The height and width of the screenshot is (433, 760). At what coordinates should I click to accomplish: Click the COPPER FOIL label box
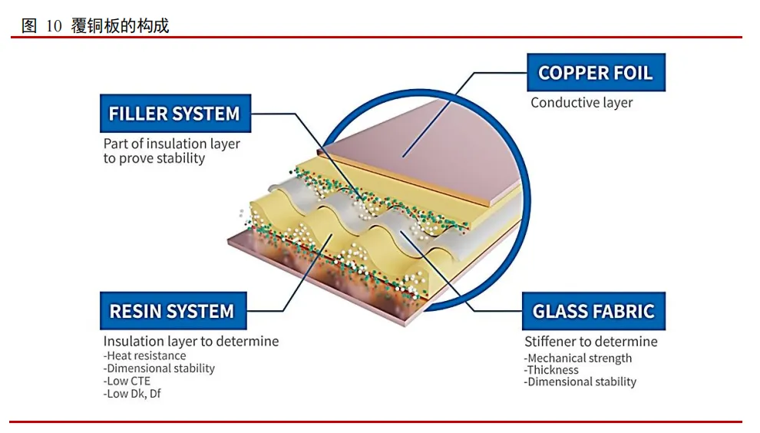coord(595,73)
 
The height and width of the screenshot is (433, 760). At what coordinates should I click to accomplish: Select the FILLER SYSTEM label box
coord(174,114)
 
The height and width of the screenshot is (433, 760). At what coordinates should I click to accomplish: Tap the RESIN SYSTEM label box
coord(172,311)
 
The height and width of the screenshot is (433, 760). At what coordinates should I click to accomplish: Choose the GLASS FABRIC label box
coord(593,311)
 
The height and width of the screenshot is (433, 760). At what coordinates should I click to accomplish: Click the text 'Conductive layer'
coord(581,102)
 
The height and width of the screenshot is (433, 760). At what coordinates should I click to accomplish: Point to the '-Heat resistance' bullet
coord(144,355)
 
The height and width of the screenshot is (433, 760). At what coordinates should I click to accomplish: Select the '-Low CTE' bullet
coord(127,381)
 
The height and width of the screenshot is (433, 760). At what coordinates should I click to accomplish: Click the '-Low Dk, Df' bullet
coord(132,394)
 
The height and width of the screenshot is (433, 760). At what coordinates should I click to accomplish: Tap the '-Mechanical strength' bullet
coord(578,358)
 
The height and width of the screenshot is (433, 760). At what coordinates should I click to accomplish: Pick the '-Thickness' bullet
coord(551,369)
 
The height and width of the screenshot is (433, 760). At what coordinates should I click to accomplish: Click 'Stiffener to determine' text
coord(590,341)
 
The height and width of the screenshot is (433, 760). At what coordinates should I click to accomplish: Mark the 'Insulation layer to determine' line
coord(190,341)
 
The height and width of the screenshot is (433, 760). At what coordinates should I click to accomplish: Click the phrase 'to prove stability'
coord(154,158)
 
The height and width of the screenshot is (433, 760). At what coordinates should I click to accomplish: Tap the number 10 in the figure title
coord(54,26)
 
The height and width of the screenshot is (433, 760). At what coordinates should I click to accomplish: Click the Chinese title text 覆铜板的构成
coord(120,26)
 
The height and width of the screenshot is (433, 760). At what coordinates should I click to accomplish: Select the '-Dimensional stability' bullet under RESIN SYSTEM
coord(159,368)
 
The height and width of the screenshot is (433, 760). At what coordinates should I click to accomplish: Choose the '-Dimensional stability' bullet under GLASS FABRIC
coord(580,382)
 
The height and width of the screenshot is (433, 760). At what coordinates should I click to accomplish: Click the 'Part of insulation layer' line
coord(171,144)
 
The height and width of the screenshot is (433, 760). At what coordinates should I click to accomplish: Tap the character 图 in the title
coord(29,26)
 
